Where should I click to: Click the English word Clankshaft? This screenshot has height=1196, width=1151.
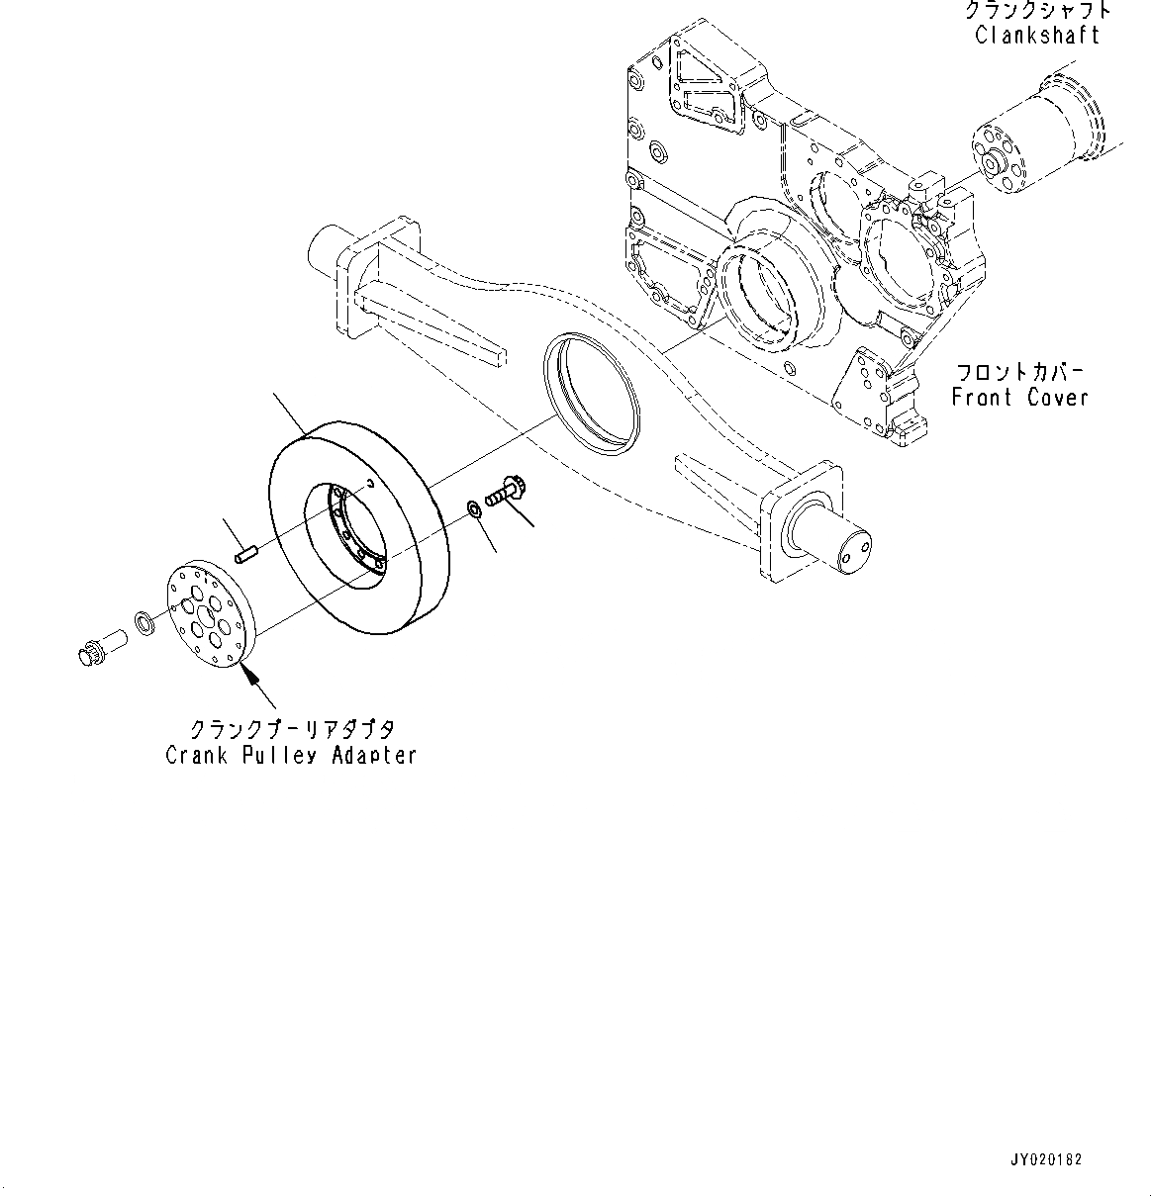click(1036, 36)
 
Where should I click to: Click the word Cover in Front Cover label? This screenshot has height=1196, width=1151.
click(1056, 398)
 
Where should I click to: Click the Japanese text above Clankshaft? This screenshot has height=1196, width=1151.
click(1036, 11)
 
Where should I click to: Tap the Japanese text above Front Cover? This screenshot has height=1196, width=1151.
click(1019, 373)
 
